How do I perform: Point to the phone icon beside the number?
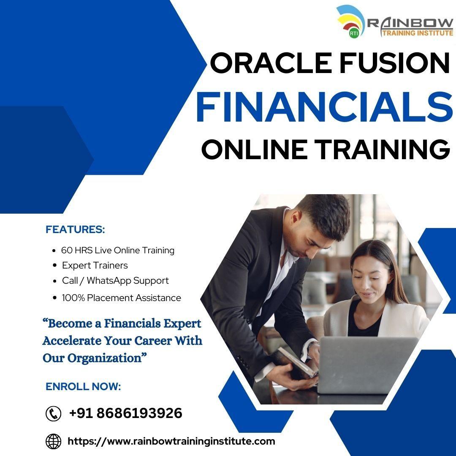53,413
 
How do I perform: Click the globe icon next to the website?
53,441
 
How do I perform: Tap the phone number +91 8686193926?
125,413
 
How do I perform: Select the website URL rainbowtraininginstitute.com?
171,441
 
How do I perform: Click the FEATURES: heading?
75,230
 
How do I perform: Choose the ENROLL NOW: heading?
83,386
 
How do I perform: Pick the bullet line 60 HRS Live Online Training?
117,250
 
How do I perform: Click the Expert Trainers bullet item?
95,266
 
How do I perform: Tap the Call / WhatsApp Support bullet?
115,281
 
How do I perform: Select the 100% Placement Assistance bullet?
121,298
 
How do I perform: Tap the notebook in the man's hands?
296,363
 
